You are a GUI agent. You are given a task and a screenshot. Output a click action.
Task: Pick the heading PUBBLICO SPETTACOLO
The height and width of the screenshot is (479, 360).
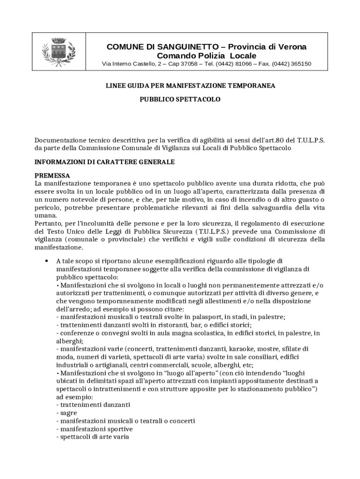[180, 100]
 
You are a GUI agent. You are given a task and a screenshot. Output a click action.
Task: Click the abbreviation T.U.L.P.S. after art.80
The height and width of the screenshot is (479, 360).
[310, 140]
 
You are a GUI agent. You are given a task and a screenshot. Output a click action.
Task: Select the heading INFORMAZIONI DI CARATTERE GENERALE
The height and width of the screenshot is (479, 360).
[105, 162]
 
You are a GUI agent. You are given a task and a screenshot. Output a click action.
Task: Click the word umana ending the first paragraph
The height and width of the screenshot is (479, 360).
[45, 215]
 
